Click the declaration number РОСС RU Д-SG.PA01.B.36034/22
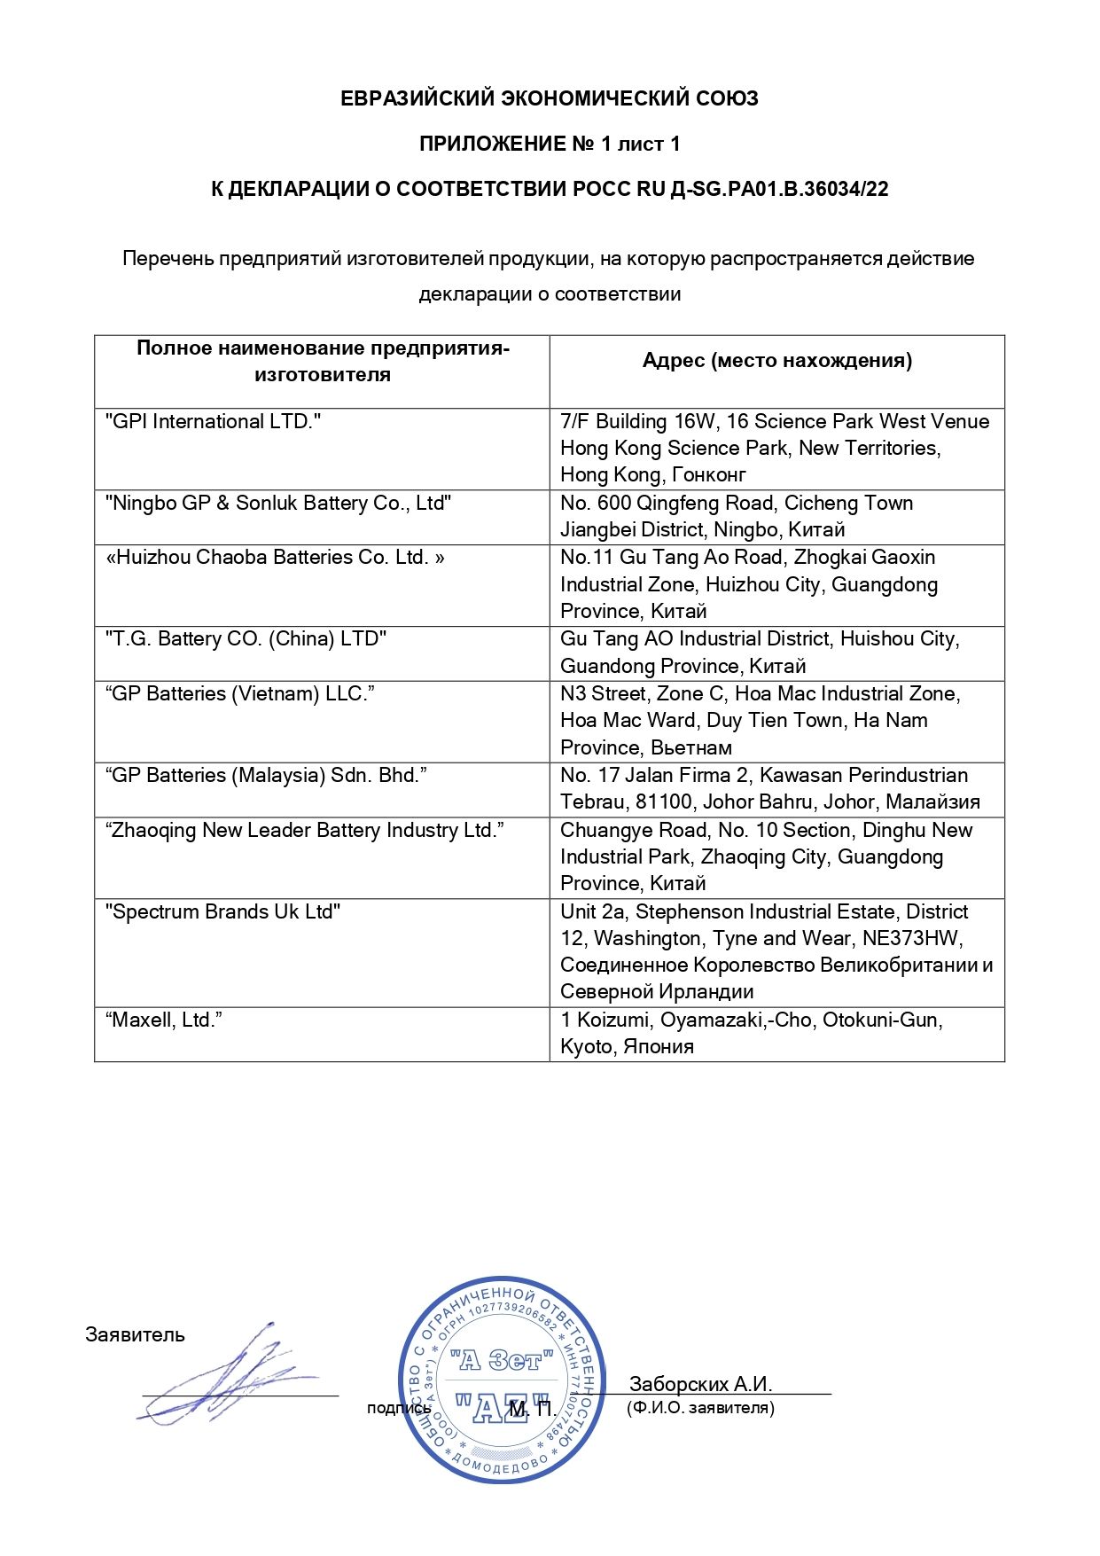coord(762,189)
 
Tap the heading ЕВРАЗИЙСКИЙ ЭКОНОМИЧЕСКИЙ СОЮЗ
coord(550,98)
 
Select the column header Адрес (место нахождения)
coord(776,360)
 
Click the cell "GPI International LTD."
coord(213,421)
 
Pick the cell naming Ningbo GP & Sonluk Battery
coord(278,503)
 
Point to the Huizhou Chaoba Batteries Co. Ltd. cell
coord(275,557)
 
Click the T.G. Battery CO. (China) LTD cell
coord(246,638)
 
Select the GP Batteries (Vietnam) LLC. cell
coord(240,693)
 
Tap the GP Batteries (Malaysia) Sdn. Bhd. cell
coord(266,775)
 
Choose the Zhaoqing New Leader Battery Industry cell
coord(305,830)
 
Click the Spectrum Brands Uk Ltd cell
coord(222,911)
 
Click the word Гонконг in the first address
coord(709,475)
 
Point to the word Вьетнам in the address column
coord(691,747)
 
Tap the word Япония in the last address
coord(659,1047)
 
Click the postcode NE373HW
coord(911,938)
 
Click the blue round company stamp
coord(501,1380)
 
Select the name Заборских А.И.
coord(700,1384)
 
